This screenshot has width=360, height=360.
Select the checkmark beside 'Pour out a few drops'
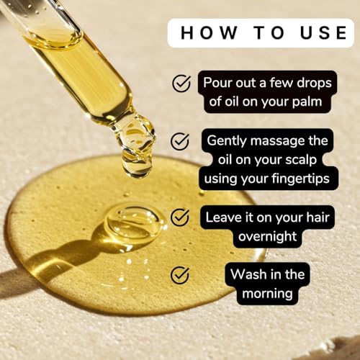coord(181,84)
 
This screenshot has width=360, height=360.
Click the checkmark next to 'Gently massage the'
coord(180,140)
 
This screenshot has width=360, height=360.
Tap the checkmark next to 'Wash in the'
coord(180,274)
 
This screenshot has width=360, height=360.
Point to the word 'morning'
coord(268,293)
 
